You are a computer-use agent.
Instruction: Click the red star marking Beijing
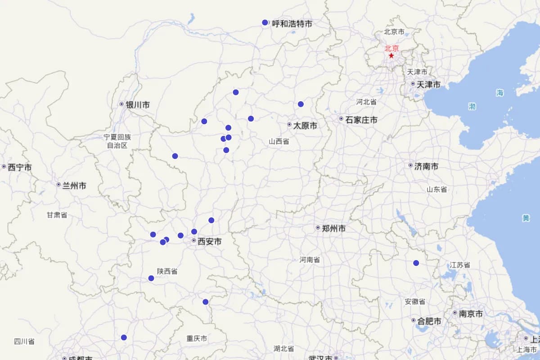[391, 56]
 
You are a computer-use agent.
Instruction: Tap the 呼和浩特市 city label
[292, 23]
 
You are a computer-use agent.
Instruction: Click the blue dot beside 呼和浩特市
[265, 22]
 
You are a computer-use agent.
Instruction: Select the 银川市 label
[137, 105]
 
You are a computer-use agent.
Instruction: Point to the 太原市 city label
[305, 126]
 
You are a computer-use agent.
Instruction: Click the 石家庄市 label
[361, 120]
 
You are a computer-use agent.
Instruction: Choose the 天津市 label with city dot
[428, 84]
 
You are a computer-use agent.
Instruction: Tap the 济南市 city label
[426, 166]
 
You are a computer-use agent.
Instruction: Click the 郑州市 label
[334, 229]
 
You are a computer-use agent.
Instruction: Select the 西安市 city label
[210, 242]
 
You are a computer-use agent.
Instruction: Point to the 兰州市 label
[74, 185]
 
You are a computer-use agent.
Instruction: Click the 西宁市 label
[20, 167]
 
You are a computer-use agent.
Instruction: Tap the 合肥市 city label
[429, 321]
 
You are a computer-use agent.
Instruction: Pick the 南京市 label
[471, 314]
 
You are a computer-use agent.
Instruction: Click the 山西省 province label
[279, 141]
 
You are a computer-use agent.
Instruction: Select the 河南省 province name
[310, 260]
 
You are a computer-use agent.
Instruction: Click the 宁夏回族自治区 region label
[117, 141]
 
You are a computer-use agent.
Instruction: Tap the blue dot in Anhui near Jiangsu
[416, 263]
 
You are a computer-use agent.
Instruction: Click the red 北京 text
[391, 48]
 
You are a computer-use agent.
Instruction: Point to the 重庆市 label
[197, 338]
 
